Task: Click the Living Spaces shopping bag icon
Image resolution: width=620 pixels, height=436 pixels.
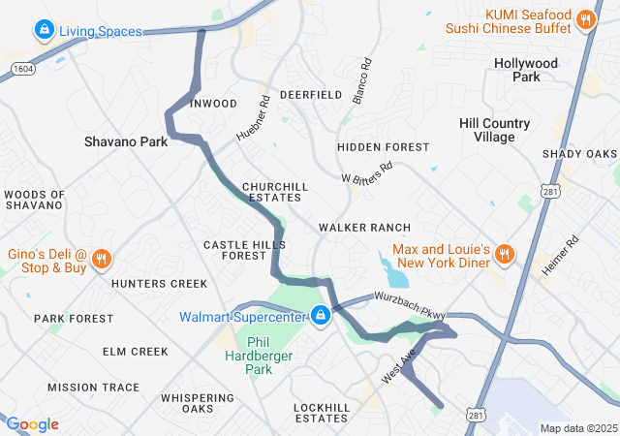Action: point(44,31)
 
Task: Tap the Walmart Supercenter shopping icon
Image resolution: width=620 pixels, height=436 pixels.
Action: point(321,316)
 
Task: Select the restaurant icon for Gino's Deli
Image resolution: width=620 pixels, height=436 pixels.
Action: point(103,259)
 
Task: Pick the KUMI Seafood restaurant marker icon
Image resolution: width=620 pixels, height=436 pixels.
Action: point(585,19)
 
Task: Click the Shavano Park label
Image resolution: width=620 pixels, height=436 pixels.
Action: point(126,141)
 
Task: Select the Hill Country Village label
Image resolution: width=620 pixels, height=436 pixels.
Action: point(494,130)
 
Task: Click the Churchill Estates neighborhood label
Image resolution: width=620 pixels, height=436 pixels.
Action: point(275,192)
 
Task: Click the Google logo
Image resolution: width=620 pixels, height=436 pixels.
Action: point(32,424)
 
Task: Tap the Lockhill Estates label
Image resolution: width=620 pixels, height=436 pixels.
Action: point(320,412)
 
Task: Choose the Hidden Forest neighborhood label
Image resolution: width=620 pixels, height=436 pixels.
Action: point(383,147)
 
